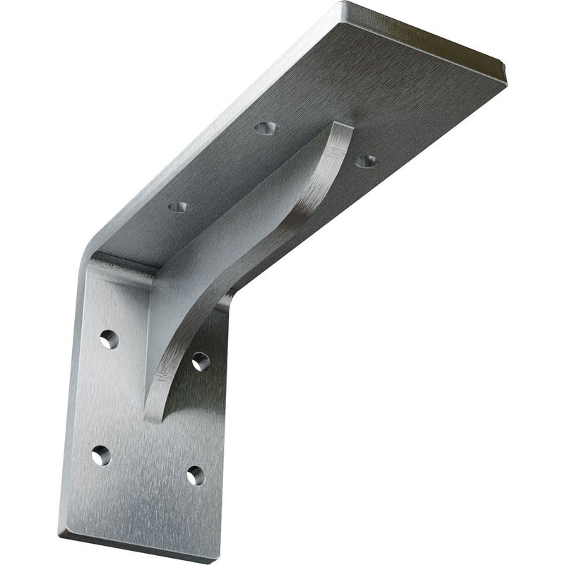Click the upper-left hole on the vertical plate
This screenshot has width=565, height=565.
coord(108,340)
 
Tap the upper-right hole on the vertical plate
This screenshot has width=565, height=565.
coord(201,361)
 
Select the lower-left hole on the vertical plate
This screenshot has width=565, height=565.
coord(101,455)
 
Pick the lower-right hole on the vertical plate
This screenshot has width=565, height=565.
coord(195,475)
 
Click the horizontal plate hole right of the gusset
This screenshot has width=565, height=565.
coord(366,161)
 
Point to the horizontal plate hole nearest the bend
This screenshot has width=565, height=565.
coord(179,208)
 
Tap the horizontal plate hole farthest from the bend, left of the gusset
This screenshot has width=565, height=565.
coord(266,129)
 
